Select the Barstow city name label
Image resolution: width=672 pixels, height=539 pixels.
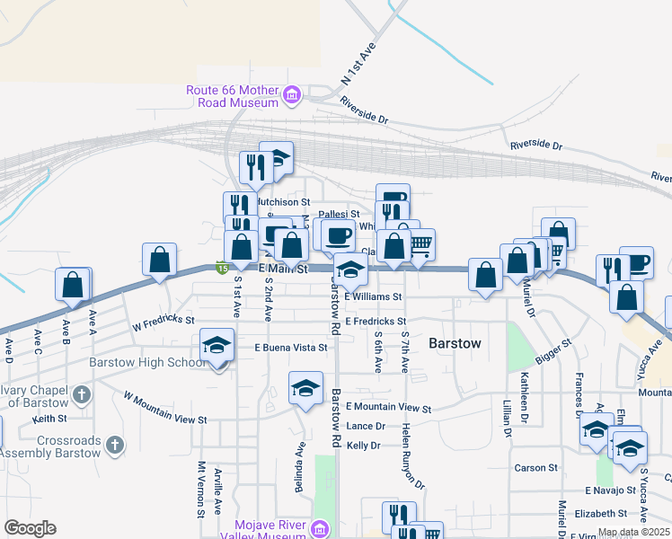tap(455, 343)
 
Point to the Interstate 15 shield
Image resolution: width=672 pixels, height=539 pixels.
tap(221, 267)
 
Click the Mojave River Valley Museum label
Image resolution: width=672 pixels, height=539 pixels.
tap(270, 530)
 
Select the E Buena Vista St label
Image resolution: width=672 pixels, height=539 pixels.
tap(290, 347)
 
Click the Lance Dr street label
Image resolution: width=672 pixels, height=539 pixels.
tap(366, 427)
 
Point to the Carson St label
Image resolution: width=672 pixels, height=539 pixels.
tap(536, 468)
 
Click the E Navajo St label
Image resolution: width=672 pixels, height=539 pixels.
tap(610, 491)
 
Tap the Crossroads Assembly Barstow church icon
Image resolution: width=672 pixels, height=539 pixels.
tap(114, 444)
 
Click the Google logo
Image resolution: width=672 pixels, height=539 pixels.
tap(30, 528)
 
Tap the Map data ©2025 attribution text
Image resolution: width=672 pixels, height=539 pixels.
tap(633, 532)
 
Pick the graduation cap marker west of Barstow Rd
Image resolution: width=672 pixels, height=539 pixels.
tap(305, 388)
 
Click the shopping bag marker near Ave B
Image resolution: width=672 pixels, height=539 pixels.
tap(73, 284)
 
